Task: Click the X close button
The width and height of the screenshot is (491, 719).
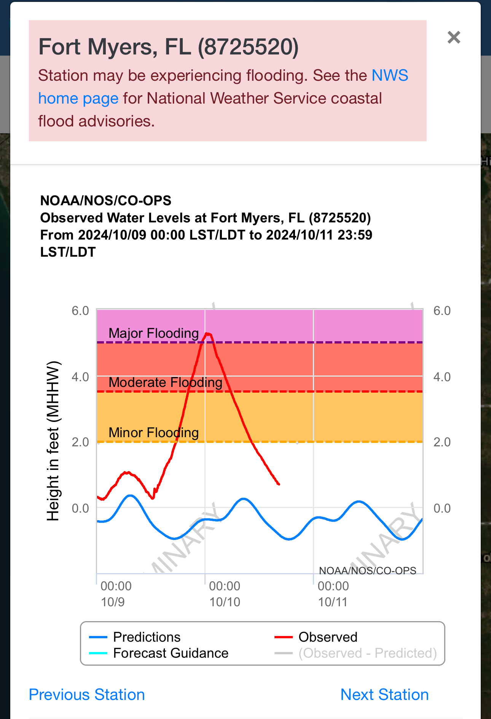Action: [454, 37]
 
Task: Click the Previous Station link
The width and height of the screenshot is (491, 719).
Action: [87, 695]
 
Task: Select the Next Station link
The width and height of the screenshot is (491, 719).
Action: [384, 695]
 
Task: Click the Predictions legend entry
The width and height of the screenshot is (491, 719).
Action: [147, 637]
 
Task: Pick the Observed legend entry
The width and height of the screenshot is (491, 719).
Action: [328, 637]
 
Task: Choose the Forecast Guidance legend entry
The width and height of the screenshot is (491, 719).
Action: [171, 653]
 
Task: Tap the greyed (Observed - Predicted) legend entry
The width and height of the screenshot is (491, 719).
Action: [367, 653]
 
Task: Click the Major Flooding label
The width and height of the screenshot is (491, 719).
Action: [153, 333]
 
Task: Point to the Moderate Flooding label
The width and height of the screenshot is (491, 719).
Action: [165, 382]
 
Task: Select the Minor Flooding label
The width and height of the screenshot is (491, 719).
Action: [153, 433]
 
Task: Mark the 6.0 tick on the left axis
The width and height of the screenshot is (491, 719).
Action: [80, 311]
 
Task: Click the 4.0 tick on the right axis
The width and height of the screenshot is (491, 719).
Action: [442, 377]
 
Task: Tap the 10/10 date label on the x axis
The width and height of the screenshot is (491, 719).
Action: [225, 602]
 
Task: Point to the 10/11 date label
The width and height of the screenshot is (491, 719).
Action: [333, 602]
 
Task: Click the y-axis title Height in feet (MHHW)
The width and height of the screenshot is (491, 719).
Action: [53, 441]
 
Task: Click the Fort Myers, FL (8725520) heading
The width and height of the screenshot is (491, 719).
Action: [169, 47]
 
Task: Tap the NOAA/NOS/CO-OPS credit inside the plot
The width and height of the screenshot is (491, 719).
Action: [367, 570]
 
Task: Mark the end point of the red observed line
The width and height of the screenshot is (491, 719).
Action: [279, 484]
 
